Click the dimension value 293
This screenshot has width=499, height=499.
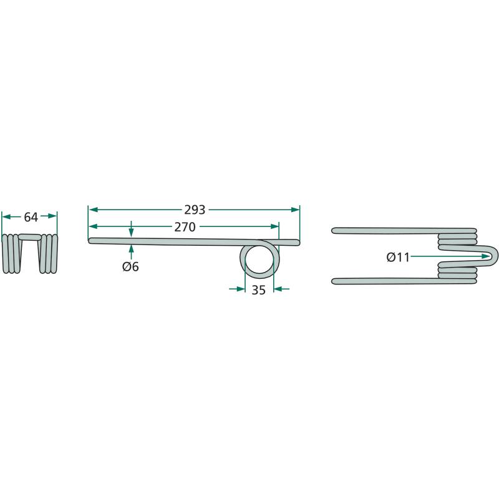(x=195, y=210)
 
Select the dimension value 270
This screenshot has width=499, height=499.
(x=185, y=227)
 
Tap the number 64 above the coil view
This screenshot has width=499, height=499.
(x=31, y=217)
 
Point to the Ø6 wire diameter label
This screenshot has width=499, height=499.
(x=130, y=266)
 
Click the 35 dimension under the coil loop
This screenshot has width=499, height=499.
(x=258, y=290)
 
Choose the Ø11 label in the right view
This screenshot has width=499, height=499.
(x=398, y=257)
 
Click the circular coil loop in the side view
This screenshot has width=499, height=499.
(x=259, y=258)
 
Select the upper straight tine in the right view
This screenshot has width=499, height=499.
(x=404, y=230)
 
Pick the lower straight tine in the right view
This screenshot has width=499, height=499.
(x=404, y=281)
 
